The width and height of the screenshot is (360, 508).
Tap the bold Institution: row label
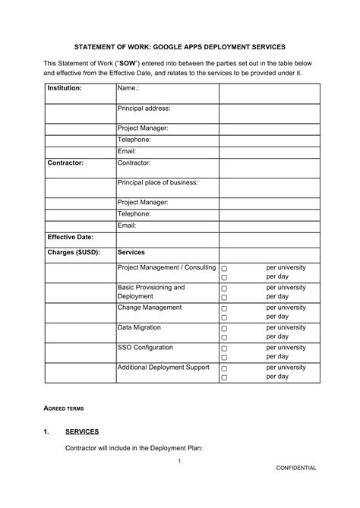[x=65, y=89]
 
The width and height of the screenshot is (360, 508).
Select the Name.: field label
[x=128, y=89]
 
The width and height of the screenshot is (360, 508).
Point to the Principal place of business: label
[x=157, y=182]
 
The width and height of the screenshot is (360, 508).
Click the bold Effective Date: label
[x=70, y=237]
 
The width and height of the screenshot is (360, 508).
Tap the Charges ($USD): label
[x=74, y=251]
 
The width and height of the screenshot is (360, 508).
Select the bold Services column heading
[x=131, y=251]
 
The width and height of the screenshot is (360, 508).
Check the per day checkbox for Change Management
[x=225, y=318]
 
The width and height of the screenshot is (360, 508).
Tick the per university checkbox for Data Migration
[x=225, y=328]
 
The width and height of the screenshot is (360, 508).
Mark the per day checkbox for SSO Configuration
[x=225, y=358]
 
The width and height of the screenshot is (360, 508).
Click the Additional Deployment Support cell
[x=163, y=368]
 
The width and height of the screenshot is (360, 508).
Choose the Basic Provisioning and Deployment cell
[x=150, y=292]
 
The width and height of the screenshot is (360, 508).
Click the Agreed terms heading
[x=63, y=408]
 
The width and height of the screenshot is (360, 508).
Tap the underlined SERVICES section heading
[x=81, y=431]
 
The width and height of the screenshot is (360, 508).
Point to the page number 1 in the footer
[x=179, y=462]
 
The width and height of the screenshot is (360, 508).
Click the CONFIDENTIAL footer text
[x=295, y=469]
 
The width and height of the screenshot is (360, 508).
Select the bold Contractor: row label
[x=65, y=162]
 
